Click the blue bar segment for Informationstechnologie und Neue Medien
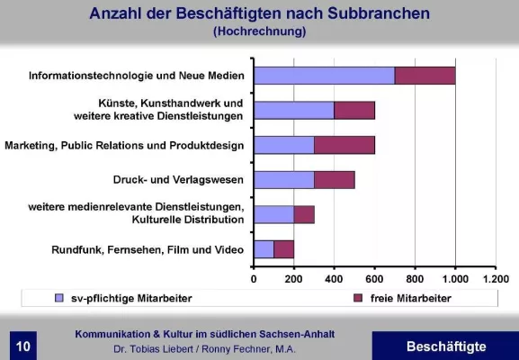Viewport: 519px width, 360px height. [x=325, y=76]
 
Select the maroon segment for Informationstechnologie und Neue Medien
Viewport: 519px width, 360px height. [x=425, y=76]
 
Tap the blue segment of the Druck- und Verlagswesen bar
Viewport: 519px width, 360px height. [x=284, y=179]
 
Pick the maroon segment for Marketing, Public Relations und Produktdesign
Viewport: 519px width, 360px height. [x=345, y=145]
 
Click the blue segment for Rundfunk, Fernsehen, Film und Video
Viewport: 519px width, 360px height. [x=264, y=248]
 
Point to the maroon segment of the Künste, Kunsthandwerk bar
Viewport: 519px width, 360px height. [x=354, y=110]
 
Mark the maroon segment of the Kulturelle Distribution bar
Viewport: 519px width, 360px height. [x=304, y=214]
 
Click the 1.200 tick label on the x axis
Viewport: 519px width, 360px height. [x=496, y=278]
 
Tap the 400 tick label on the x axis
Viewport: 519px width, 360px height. [x=335, y=278]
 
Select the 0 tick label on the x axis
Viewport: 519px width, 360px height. [x=255, y=278]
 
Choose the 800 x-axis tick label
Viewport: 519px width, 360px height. [x=415, y=278]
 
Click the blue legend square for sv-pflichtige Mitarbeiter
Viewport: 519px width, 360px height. [x=58, y=297]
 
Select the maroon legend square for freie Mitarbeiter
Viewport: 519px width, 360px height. [x=359, y=297]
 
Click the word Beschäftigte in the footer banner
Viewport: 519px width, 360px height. [x=445, y=346]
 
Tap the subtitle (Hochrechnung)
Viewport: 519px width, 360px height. [x=260, y=31]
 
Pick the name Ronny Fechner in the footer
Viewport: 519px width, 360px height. [x=247, y=349]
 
